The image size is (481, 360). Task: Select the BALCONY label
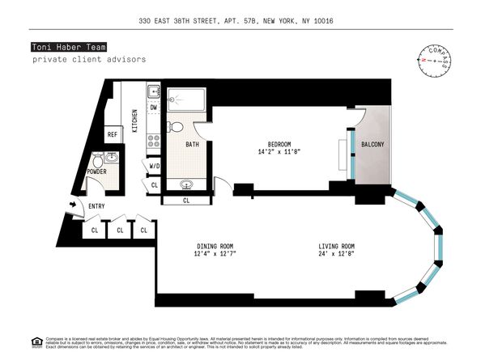(372, 145)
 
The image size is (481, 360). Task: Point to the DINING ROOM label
(215, 246)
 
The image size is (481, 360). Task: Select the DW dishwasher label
(154, 108)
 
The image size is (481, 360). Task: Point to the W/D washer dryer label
(153, 167)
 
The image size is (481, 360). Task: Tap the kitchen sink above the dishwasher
(153, 91)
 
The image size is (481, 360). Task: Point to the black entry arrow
(75, 205)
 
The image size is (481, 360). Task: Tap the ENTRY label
(96, 206)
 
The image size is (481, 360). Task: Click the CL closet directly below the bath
(186, 200)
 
